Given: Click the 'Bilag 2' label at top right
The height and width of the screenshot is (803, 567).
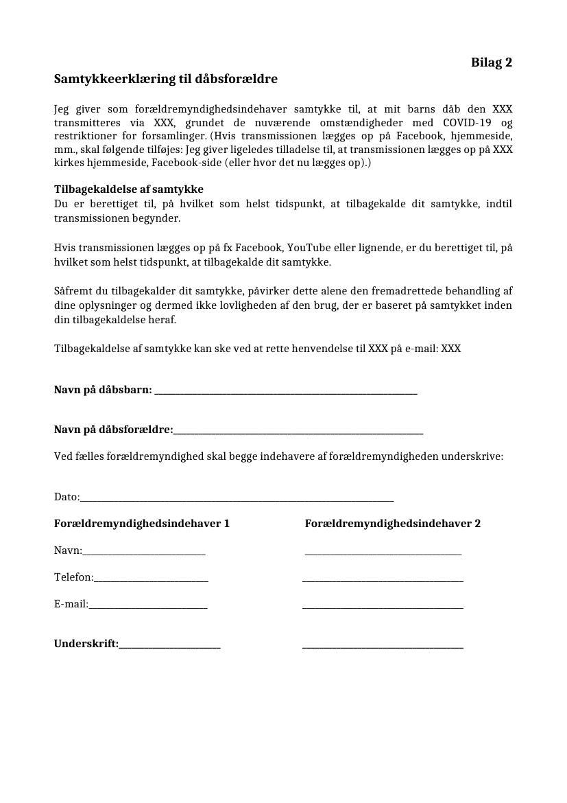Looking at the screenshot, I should (491, 62).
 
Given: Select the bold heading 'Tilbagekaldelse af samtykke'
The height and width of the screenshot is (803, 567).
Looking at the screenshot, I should (129, 189).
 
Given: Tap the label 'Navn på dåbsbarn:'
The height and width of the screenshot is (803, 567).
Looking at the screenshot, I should (103, 390).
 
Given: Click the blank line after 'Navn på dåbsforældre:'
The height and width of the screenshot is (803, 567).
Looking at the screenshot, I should (298, 431).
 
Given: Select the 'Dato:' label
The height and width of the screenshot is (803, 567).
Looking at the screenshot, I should (67, 497).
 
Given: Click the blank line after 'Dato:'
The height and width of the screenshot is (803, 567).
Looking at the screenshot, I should (237, 499).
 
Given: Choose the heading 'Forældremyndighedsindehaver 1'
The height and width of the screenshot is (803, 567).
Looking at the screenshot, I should (142, 524).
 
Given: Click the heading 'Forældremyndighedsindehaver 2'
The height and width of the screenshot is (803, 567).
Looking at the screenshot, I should (392, 524).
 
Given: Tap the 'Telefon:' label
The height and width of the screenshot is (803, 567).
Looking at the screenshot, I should (74, 577).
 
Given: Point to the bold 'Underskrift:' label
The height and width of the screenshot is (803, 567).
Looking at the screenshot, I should (86, 644).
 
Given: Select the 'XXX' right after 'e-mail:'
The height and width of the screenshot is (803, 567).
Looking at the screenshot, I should (450, 349).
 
